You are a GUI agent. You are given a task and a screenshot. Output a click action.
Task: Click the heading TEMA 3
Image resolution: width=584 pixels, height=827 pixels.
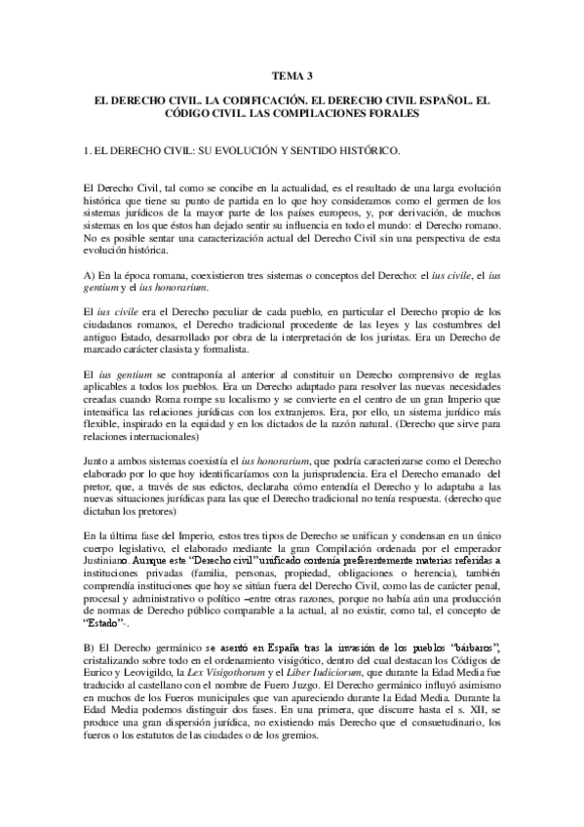(292, 74)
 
